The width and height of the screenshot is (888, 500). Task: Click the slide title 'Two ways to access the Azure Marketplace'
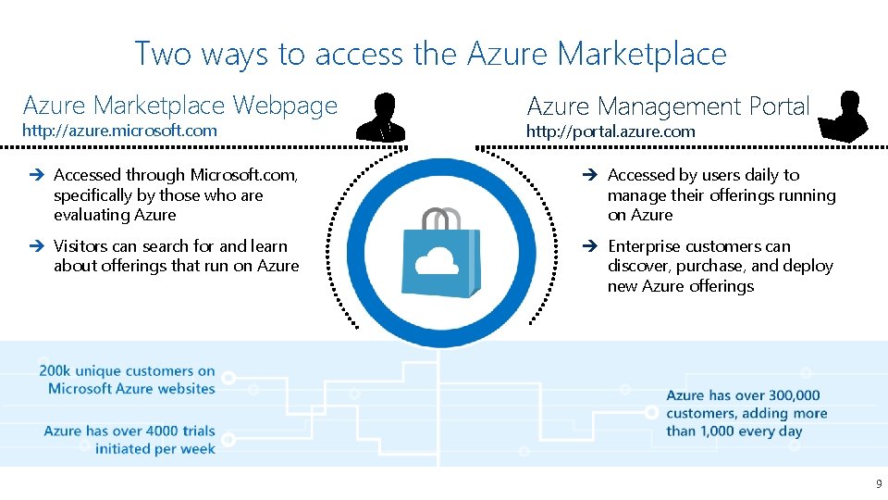pyautogui.click(x=430, y=54)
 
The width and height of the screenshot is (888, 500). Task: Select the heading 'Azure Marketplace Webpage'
pyautogui.click(x=180, y=106)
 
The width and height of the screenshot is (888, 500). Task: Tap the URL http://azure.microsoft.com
pyautogui.click(x=119, y=131)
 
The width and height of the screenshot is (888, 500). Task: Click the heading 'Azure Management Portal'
pyautogui.click(x=668, y=107)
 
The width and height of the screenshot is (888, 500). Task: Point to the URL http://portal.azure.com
pyautogui.click(x=610, y=131)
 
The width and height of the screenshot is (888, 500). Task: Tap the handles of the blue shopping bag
pyautogui.click(x=441, y=219)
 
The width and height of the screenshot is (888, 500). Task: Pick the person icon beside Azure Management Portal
pyautogui.click(x=844, y=117)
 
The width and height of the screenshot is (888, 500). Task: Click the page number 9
pyautogui.click(x=879, y=484)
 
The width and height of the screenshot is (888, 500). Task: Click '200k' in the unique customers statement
pyautogui.click(x=55, y=371)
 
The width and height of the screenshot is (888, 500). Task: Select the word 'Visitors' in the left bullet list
pyautogui.click(x=82, y=246)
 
